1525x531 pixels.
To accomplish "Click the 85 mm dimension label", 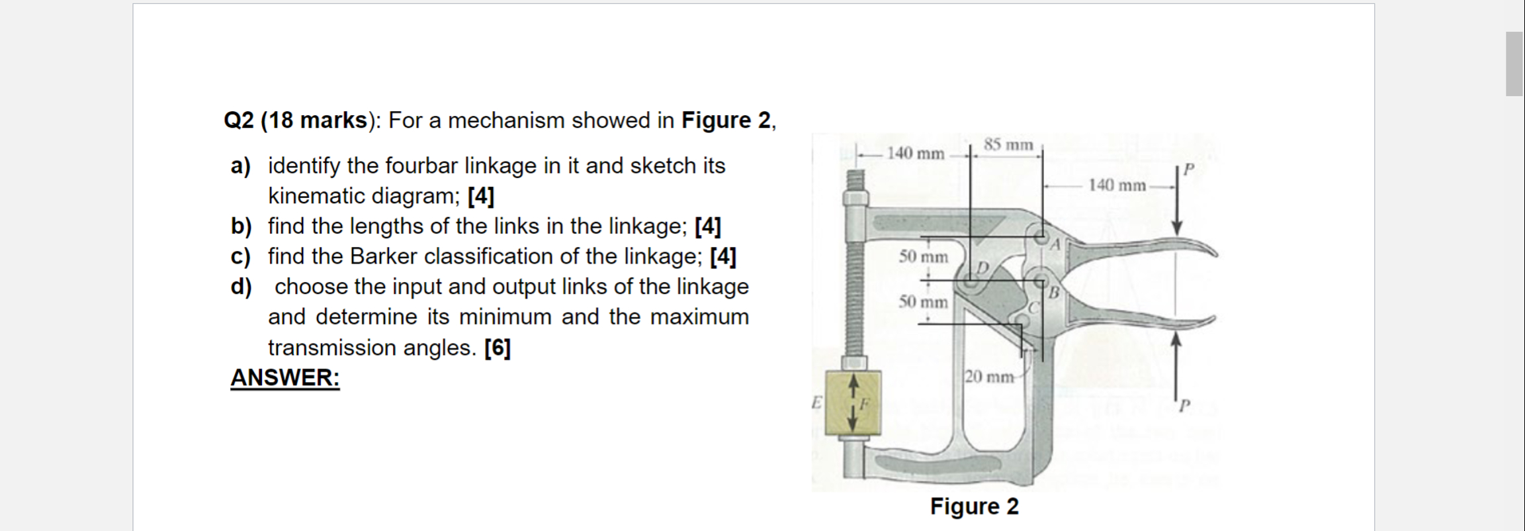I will tap(1008, 144).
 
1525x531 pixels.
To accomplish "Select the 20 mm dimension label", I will tap(989, 377).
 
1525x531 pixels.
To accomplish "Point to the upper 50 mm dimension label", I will tap(923, 256).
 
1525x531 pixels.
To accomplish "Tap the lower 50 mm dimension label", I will tap(923, 302).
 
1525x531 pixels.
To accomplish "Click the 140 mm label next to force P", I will tap(1117, 185).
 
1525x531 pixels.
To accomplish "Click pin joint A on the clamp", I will tap(1040, 234).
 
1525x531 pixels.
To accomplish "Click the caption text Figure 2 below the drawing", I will tap(974, 507).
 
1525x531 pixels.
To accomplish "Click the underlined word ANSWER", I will tap(284, 378).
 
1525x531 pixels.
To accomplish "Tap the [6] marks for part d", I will tap(497, 348).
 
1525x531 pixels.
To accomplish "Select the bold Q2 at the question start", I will tap(239, 121).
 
